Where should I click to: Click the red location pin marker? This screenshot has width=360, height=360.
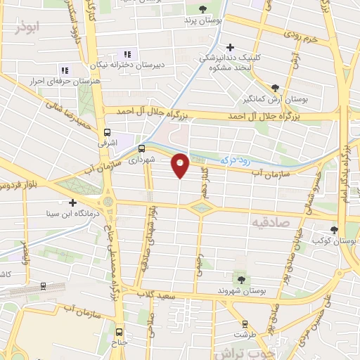(x=181, y=165)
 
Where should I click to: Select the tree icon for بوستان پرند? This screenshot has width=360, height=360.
(x=203, y=9)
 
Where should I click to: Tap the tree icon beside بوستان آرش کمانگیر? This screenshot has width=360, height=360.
(x=278, y=86)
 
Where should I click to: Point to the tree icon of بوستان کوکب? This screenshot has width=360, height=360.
(x=335, y=229)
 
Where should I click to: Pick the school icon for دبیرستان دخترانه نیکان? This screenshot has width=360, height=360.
(x=127, y=54)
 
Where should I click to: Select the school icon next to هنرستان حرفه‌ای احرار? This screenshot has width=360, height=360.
(x=65, y=70)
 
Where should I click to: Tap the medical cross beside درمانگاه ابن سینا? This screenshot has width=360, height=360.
(x=72, y=202)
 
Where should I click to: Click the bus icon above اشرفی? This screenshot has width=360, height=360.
(x=107, y=131)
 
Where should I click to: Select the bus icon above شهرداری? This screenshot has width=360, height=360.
(x=142, y=148)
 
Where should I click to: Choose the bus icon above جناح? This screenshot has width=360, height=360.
(x=118, y=332)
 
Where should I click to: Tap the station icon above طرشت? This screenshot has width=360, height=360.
(x=244, y=324)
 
